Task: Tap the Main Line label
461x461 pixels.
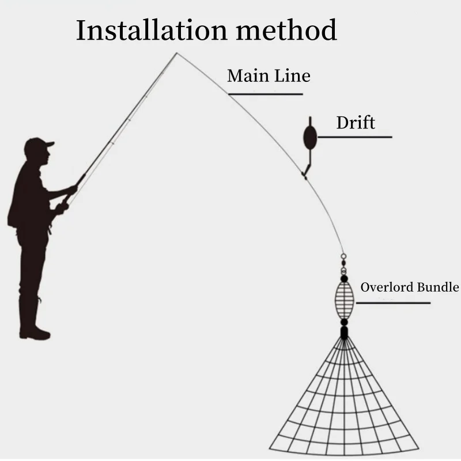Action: pos(269,76)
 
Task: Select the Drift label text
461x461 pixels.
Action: pos(356,122)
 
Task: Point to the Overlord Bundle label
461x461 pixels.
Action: pos(410,287)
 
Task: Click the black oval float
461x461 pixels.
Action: pos(310,136)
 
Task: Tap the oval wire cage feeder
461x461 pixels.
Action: pos(343,297)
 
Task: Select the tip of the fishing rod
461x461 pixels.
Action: pos(177,54)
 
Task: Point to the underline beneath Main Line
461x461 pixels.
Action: pos(264,94)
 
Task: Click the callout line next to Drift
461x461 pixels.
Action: pos(354,137)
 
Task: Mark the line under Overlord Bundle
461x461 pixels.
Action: pos(395,303)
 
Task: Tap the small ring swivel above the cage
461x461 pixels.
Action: pos(343,257)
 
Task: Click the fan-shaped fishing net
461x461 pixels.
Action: pos(345,403)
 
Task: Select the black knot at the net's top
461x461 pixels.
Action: pos(343,332)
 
